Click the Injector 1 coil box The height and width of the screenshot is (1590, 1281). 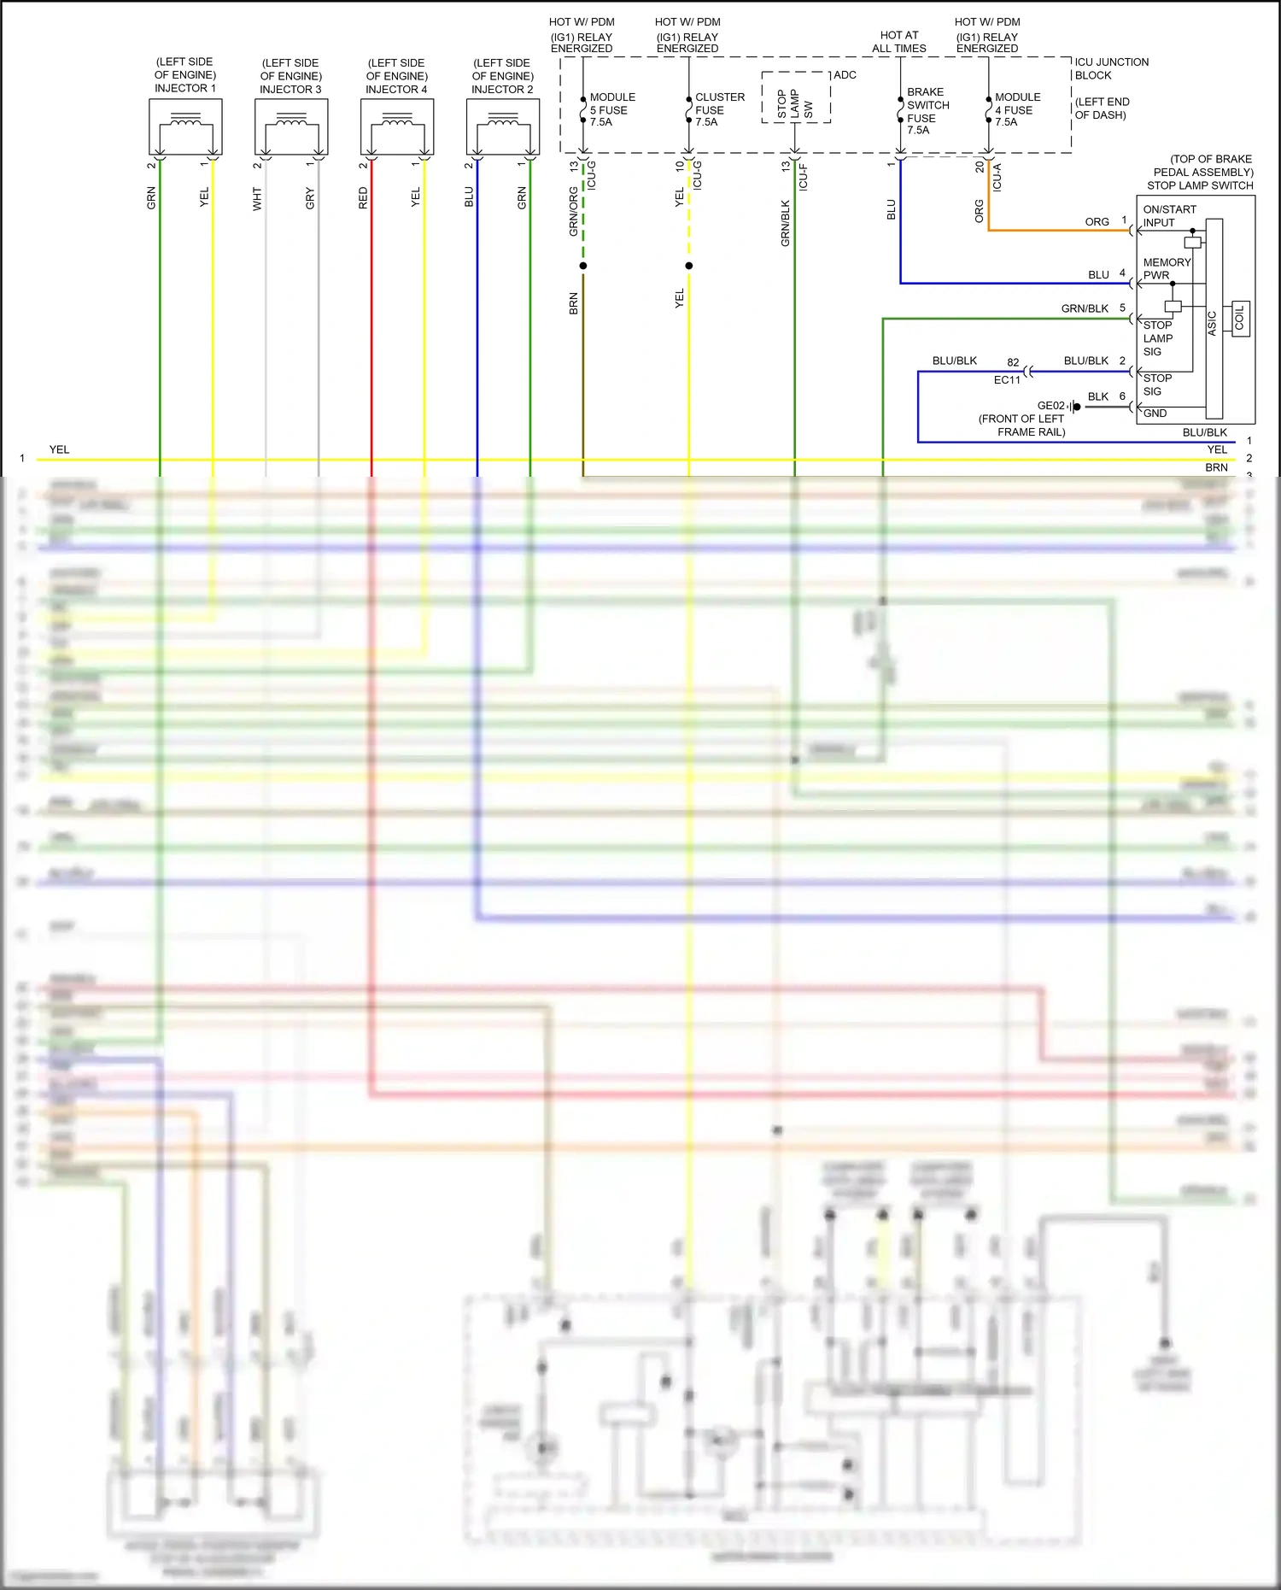point(185,126)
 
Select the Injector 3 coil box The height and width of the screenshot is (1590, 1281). point(291,126)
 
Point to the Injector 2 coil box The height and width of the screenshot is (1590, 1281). point(503,126)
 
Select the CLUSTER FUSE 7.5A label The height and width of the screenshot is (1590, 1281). point(719,109)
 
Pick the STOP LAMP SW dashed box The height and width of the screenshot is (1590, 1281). point(796,97)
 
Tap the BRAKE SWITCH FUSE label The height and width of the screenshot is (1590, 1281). point(927,111)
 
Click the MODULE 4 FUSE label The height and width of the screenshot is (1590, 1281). point(1017,109)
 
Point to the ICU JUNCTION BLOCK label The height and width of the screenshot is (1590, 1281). point(1111,68)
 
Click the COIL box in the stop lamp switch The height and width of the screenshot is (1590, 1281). point(1240,319)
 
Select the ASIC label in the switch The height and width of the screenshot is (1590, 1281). point(1212,322)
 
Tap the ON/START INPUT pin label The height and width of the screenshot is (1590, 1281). point(1169,216)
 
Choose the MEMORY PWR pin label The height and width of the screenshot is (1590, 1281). point(1167,268)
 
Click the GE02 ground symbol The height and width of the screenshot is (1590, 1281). point(1074,407)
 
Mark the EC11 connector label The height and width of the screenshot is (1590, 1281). point(1007,380)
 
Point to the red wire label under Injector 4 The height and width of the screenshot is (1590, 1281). point(363,198)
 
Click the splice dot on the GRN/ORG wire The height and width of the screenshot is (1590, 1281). point(583,266)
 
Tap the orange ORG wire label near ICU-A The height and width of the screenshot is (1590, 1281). point(979,210)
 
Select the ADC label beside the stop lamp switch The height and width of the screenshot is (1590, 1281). point(845,75)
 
